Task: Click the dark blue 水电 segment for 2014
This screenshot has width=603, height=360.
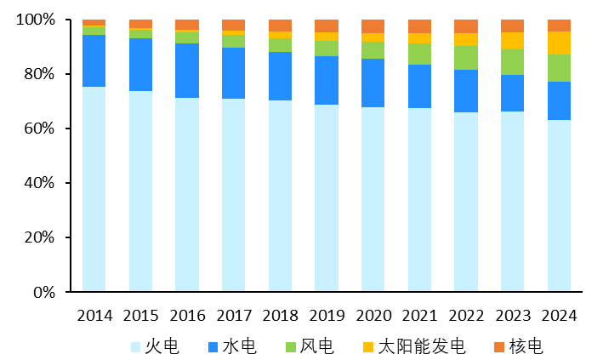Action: [x=94, y=60]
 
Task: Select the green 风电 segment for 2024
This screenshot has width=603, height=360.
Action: [x=559, y=68]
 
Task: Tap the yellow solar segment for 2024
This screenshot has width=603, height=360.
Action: [x=559, y=43]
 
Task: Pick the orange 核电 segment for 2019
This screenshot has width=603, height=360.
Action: [x=327, y=26]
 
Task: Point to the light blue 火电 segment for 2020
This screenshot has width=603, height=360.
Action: [x=373, y=199]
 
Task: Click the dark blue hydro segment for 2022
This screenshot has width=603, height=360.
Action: [x=466, y=91]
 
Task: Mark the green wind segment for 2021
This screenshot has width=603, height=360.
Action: [x=419, y=54]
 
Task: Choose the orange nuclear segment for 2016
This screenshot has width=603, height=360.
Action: [x=187, y=25]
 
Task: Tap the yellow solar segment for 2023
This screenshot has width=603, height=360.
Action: [x=512, y=41]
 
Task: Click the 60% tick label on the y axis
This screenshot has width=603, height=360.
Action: [x=39, y=129]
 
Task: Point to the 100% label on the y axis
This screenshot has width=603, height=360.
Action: [x=36, y=20]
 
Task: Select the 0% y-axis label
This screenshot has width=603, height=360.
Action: [x=44, y=293]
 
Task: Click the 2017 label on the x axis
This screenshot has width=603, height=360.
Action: [x=234, y=316]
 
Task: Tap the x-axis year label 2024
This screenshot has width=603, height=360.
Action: [x=559, y=316]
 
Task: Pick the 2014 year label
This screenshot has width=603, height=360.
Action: [x=94, y=316]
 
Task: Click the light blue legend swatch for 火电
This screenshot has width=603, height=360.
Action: [x=136, y=347]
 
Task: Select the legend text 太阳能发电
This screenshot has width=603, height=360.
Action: [x=422, y=346]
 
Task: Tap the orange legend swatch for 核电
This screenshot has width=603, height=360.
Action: [x=498, y=347]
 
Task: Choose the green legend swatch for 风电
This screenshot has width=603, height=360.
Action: [x=291, y=347]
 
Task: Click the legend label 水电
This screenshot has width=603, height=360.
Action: [x=239, y=346]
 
